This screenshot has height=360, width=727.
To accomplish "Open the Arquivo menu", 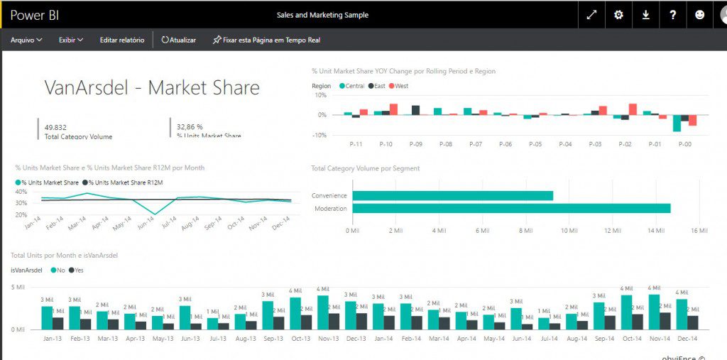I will click(26, 40).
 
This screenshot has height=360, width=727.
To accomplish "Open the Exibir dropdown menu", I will click(71, 40).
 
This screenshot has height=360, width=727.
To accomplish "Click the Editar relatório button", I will click(121, 40).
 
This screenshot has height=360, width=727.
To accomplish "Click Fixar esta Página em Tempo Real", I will click(266, 40).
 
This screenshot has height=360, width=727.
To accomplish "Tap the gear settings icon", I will click(618, 14).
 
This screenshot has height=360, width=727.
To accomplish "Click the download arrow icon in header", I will click(646, 14).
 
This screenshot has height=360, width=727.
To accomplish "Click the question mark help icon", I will click(673, 14).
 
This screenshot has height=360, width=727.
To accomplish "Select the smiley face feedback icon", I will click(700, 14).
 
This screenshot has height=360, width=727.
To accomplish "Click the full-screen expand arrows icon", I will click(591, 14).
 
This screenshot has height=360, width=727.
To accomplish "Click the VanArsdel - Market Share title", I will click(152, 87).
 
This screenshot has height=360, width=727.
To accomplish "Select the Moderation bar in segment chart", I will click(511, 208).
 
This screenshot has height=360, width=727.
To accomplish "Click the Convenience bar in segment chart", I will click(452, 195).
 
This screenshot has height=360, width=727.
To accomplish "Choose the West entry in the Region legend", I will click(400, 86).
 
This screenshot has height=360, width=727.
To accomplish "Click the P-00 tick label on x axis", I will click(684, 144).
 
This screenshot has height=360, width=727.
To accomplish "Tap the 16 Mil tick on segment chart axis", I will click(699, 230).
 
